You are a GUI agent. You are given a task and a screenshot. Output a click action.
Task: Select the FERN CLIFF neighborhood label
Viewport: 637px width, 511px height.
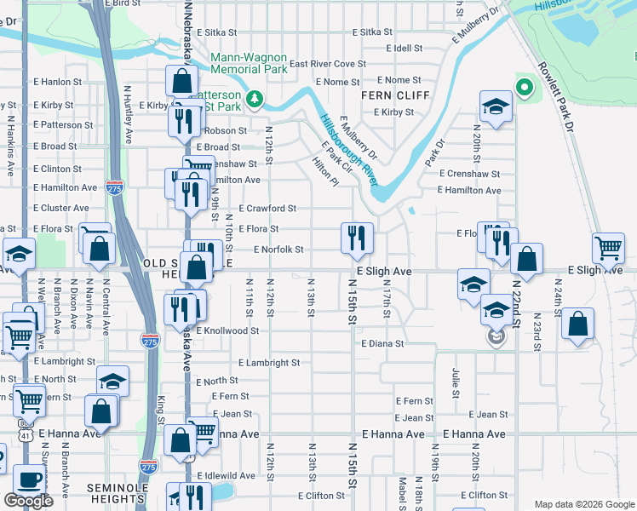click(x=393, y=95)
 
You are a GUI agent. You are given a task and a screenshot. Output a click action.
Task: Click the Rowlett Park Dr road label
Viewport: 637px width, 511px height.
click(x=554, y=102)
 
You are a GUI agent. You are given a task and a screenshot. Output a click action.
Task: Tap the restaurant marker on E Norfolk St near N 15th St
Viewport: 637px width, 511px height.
click(x=357, y=238)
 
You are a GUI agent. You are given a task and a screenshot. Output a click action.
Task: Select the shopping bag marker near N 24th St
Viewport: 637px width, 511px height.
click(x=577, y=324)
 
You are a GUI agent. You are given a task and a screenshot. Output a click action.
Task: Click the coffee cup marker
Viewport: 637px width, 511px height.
click(x=29, y=480)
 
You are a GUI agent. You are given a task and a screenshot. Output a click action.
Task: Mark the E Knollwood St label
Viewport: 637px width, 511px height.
click(x=227, y=330)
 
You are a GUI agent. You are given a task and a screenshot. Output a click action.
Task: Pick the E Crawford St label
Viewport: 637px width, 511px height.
click(x=267, y=208)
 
